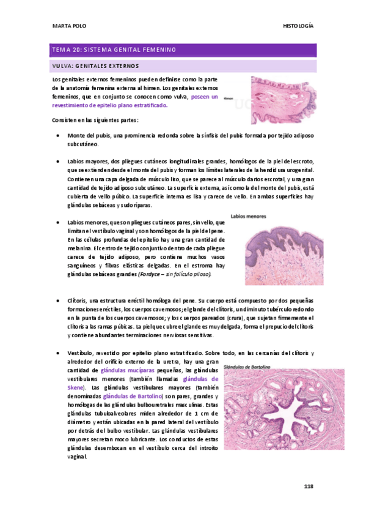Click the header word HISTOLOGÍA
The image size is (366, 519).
coord(298,26)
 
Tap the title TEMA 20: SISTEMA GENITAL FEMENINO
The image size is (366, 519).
coord(114,50)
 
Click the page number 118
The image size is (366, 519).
coord(309,486)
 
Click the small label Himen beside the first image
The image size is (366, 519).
coord(229,98)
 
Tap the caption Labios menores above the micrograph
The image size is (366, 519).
coord(249,215)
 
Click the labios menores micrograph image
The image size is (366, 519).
coord(280,251)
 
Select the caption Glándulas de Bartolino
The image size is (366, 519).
coord(251,368)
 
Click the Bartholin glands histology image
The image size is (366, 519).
coord(269,416)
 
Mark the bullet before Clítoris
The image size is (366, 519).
coord(57,302)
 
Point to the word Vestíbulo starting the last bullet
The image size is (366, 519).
coord(80,354)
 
